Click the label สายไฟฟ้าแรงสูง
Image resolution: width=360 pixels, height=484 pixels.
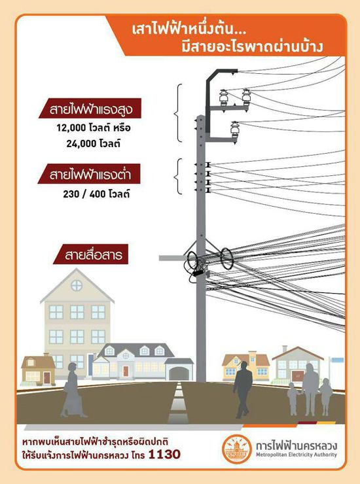[90, 109]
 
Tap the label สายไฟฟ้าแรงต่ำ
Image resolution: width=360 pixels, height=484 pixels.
[89, 174]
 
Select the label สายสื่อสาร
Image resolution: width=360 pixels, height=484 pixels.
[90, 254]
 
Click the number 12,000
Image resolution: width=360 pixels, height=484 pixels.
[72, 128]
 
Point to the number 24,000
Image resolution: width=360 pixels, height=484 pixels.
[81, 144]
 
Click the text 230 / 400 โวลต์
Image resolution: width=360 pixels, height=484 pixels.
[96, 194]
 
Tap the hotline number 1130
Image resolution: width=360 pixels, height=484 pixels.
[164, 454]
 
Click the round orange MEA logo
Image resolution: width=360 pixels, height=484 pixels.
[237, 449]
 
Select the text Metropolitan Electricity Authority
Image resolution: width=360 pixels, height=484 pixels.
[297, 455]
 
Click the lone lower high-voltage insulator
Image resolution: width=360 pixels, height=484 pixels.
[235, 130]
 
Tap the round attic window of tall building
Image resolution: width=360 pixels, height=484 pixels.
[77, 285]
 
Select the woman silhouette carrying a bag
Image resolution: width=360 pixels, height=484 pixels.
[73, 390]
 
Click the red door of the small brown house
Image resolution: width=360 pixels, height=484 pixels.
[46, 377]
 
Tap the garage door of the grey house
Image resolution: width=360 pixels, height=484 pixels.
[179, 373]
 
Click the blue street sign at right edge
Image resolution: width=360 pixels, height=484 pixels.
[338, 360]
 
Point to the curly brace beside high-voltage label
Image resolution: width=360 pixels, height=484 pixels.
[178, 113]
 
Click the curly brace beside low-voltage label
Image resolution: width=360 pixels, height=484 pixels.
[178, 177]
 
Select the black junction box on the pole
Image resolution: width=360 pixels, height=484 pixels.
[198, 273]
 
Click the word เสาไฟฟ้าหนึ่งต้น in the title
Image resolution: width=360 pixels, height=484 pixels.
[189, 31]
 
